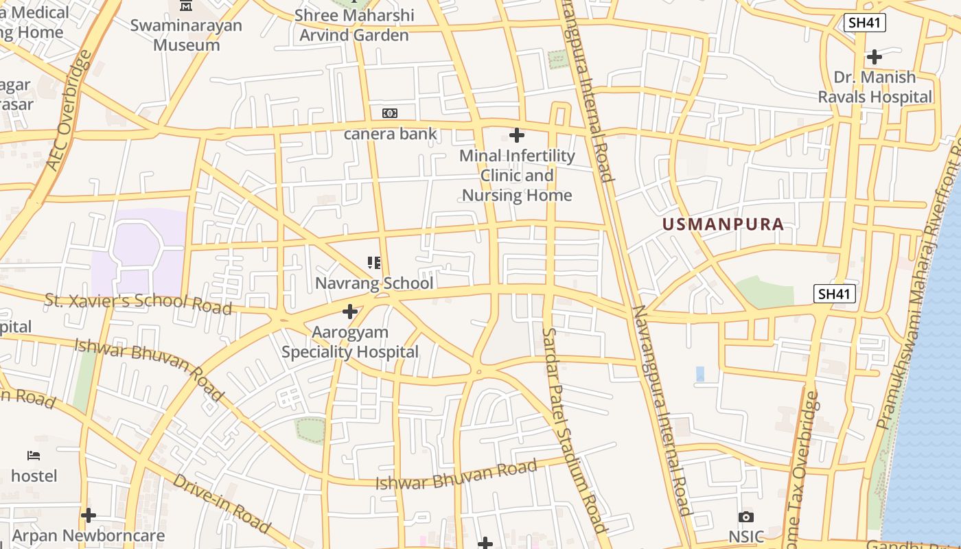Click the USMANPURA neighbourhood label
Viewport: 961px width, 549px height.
click(x=723, y=224)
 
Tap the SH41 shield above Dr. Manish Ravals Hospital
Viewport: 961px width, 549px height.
click(x=865, y=23)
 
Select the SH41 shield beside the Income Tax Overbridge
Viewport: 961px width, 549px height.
click(x=835, y=294)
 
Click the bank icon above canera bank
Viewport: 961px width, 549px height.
click(x=389, y=113)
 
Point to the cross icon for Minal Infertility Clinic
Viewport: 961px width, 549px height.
click(x=517, y=135)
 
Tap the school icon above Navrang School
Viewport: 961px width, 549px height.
click(x=374, y=262)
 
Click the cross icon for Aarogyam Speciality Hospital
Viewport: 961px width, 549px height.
click(x=350, y=312)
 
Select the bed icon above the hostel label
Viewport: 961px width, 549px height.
click(x=34, y=456)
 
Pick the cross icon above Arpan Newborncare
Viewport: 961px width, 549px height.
click(x=89, y=515)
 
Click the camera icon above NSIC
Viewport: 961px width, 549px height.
click(x=746, y=517)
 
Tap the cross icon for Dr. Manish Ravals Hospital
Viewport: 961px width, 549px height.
click(x=875, y=57)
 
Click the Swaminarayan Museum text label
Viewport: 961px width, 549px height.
click(x=187, y=36)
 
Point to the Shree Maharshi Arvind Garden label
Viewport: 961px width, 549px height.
click(x=354, y=25)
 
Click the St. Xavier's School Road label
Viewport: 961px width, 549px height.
click(x=138, y=303)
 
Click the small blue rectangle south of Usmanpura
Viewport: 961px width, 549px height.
click(x=700, y=374)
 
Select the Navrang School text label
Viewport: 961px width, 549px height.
click(x=374, y=283)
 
